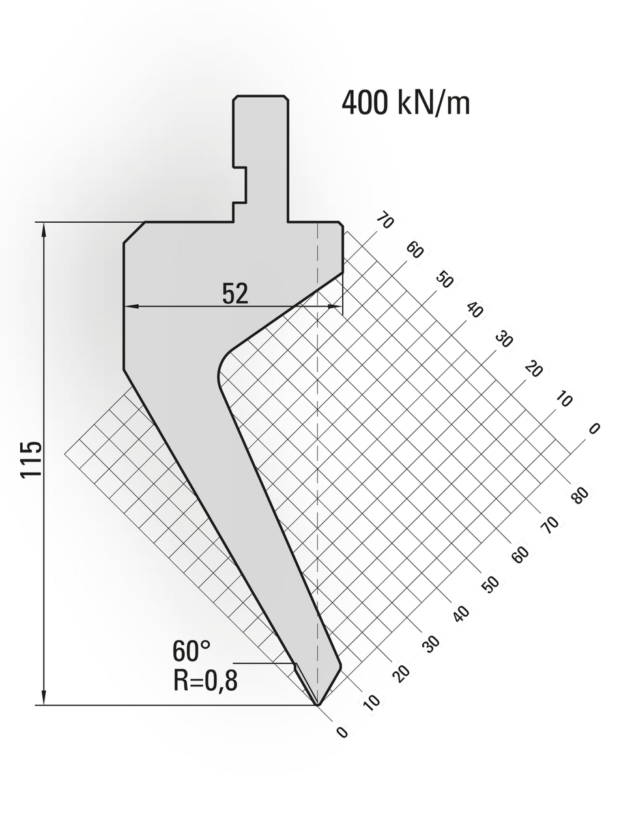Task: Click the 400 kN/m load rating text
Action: [405, 103]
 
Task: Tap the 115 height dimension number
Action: [31, 459]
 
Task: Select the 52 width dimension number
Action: [235, 294]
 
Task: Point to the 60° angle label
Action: [191, 650]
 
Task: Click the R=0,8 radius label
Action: [205, 680]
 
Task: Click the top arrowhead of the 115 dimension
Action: [44, 228]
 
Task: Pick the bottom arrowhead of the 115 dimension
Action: [44, 699]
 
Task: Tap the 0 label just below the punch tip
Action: [342, 733]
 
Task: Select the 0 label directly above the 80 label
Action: [594, 428]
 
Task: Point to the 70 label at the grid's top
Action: [385, 221]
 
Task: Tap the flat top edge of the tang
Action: [261, 96]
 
